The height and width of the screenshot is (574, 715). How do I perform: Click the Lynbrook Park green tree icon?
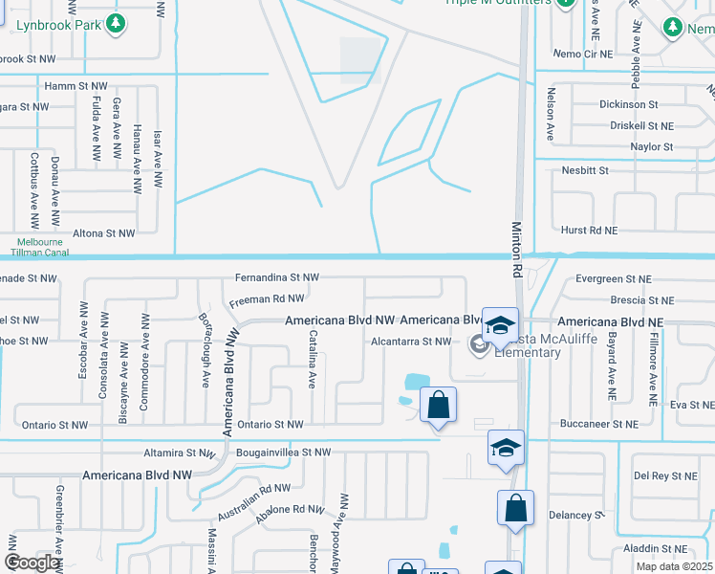pyautogui.click(x=117, y=22)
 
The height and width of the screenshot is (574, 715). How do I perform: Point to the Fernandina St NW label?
pyautogui.click(x=277, y=277)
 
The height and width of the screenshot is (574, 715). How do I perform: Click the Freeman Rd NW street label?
pyautogui.click(x=267, y=300)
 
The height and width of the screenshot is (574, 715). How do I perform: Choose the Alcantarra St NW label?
pyautogui.click(x=410, y=342)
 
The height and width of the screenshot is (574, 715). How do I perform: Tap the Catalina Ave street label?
pyautogui.click(x=313, y=360)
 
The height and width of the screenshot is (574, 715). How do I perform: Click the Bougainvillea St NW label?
pyautogui.click(x=283, y=452)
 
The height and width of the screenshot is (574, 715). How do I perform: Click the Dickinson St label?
pyautogui.click(x=629, y=104)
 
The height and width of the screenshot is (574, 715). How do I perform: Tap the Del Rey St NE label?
pyautogui.click(x=665, y=475)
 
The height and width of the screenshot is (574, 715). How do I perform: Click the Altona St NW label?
pyautogui.click(x=105, y=232)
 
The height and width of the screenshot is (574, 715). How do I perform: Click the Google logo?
pyautogui.click(x=32, y=563)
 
